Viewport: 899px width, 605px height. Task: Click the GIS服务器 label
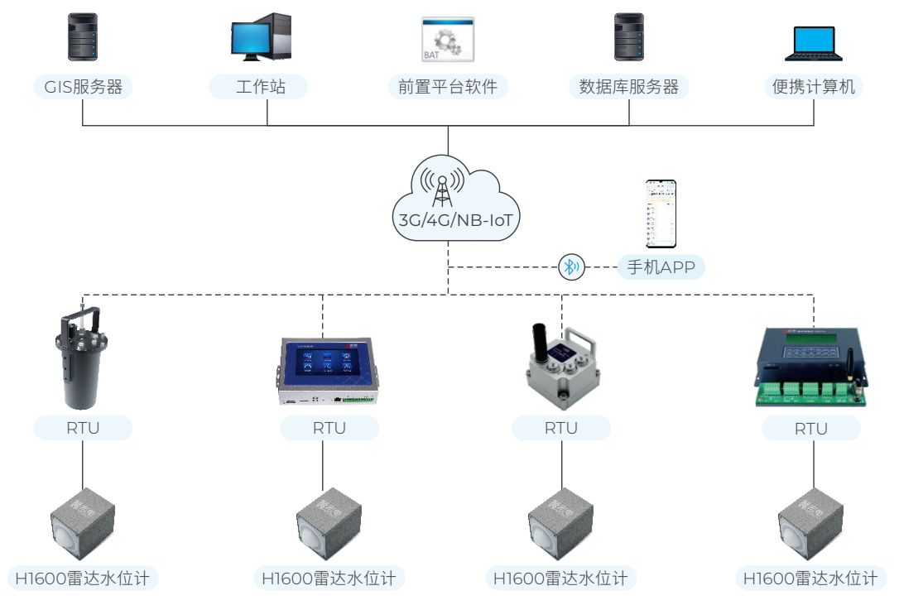(x=83, y=86)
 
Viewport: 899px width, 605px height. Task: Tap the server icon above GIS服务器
(x=83, y=37)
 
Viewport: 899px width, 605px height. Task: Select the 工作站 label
(x=259, y=86)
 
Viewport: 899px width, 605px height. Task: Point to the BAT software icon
(x=448, y=39)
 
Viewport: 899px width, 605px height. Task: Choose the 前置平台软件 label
(x=448, y=86)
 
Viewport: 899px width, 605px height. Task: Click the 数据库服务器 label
(x=629, y=86)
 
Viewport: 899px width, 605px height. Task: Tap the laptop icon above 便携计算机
(x=814, y=43)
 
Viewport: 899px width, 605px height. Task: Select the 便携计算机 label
(x=814, y=86)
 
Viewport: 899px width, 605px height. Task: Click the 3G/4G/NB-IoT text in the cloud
(x=448, y=221)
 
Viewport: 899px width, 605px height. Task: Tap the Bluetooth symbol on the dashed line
(x=570, y=266)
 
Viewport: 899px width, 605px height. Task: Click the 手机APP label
(x=661, y=266)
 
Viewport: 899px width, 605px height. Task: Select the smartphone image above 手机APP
(x=661, y=214)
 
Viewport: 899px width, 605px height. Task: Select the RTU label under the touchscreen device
(x=329, y=428)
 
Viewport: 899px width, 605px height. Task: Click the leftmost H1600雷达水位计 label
(x=83, y=578)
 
